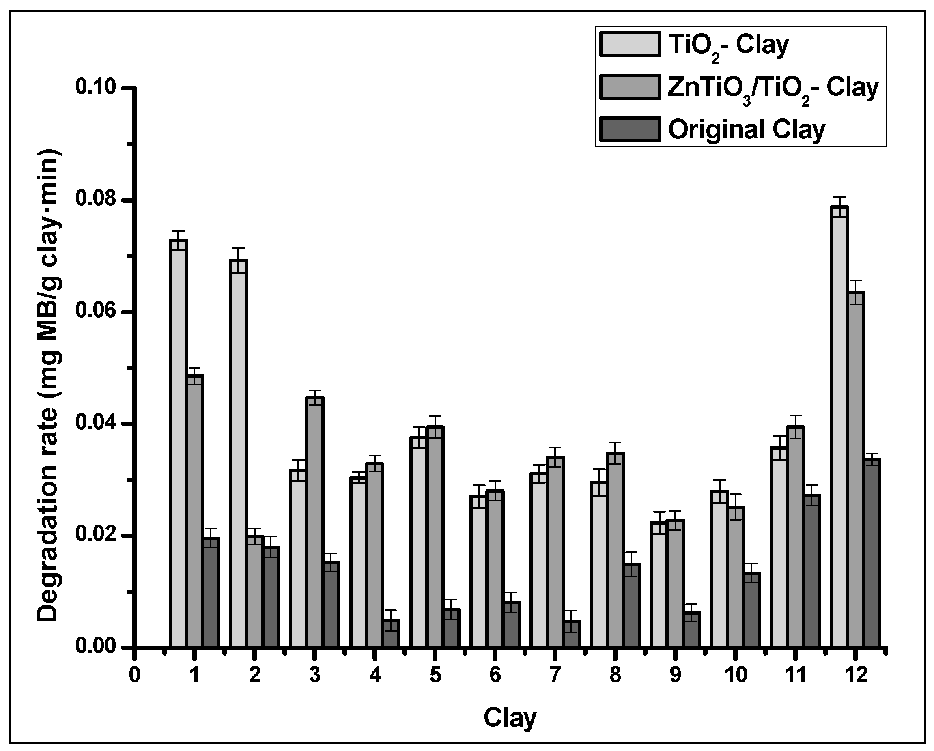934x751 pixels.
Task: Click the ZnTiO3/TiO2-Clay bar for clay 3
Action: [x=314, y=522]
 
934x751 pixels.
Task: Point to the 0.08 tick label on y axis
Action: [x=96, y=200]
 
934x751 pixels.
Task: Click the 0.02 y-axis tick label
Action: [x=96, y=535]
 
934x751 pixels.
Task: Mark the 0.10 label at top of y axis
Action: [x=96, y=88]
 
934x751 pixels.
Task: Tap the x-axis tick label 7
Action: [x=555, y=675]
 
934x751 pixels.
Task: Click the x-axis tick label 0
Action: [x=135, y=675]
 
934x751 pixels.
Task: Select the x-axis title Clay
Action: [x=510, y=718]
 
